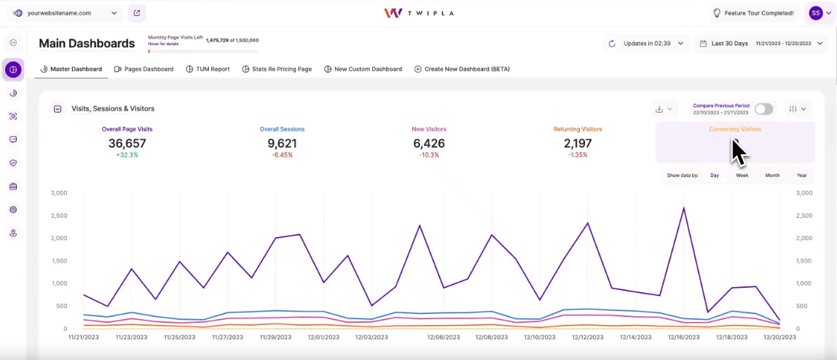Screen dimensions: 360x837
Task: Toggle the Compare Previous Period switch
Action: [763, 109]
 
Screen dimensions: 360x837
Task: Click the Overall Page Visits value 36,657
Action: [127, 144]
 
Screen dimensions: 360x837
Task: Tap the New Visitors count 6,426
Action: [428, 144]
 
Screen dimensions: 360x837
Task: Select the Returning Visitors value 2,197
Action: [578, 144]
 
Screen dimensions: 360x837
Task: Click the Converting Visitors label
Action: [734, 129]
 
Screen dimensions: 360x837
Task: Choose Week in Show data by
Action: [742, 176]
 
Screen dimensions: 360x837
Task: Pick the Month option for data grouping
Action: [772, 176]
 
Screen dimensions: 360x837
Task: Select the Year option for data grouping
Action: [801, 176]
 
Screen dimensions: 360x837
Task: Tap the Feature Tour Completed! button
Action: [752, 13]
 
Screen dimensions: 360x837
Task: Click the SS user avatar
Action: [815, 13]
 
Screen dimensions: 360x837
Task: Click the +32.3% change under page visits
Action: [127, 155]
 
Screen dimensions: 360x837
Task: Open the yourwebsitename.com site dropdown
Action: [64, 13]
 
